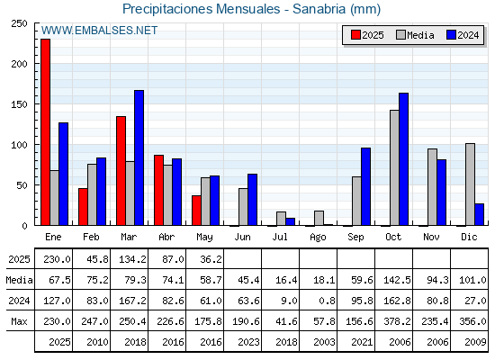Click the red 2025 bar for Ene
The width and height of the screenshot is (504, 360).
point(45,132)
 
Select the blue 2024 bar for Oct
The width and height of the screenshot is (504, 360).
point(404,159)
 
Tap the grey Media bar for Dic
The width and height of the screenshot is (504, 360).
point(470,184)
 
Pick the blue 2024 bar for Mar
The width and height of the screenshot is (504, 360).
point(139,157)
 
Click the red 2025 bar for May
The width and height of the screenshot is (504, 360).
point(196,211)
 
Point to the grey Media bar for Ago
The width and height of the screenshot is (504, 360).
point(319,218)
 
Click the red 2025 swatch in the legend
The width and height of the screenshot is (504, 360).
point(355,35)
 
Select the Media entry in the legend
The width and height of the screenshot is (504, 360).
point(415,35)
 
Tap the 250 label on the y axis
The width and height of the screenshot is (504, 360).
point(19,23)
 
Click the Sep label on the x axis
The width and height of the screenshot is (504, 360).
point(355,237)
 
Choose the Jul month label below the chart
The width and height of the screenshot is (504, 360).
point(280,237)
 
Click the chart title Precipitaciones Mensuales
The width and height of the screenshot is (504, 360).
point(202,9)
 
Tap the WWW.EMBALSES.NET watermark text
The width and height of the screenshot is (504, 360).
point(99,31)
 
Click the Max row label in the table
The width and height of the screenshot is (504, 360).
point(19,321)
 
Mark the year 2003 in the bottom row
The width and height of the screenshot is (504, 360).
point(324,342)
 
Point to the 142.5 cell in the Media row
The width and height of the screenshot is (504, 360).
point(397,280)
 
